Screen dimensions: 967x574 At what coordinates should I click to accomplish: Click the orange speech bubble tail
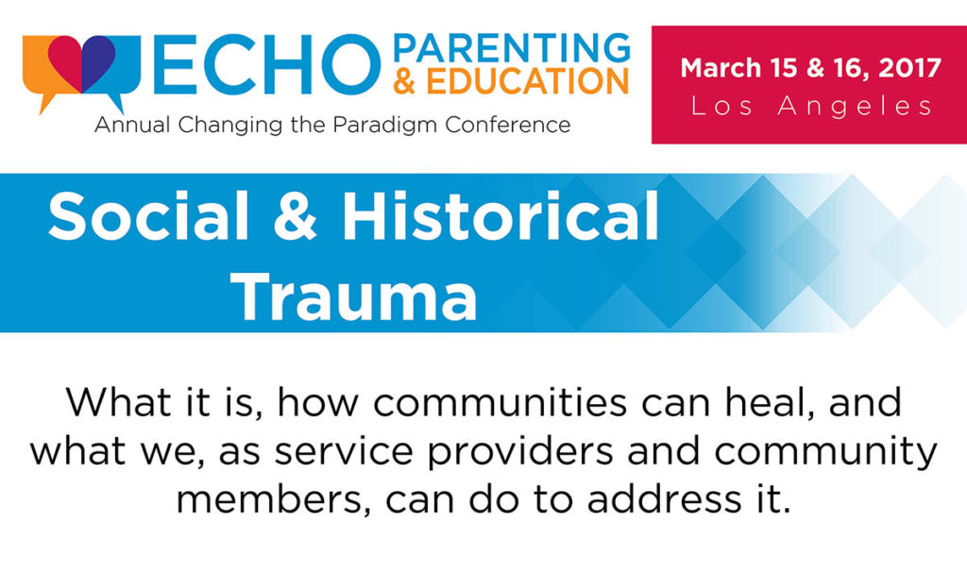point(45,103)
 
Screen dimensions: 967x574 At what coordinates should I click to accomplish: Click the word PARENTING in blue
point(512,49)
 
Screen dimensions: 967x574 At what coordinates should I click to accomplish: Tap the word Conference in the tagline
point(507,125)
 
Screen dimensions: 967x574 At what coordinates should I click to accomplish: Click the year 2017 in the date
point(909,68)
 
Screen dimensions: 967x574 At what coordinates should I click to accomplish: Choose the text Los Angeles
point(811,106)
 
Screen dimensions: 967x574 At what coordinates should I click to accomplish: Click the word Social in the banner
point(148,216)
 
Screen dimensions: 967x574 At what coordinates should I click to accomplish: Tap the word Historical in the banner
point(500,216)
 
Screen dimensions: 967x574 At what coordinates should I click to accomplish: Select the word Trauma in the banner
point(354,295)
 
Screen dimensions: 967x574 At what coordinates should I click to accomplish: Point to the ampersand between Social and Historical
point(296,216)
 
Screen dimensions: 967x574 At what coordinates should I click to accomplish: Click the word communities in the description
point(500,403)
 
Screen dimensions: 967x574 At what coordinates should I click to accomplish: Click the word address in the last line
point(664,499)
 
